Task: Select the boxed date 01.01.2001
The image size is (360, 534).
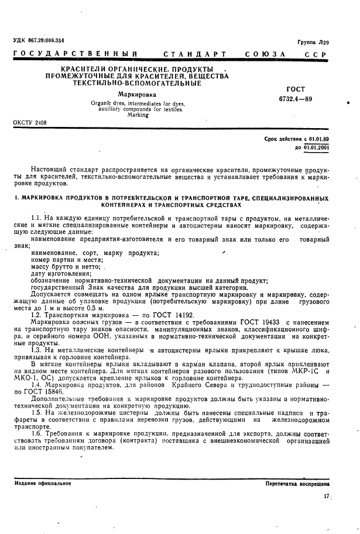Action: point(316,148)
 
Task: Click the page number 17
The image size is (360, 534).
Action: point(326,497)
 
